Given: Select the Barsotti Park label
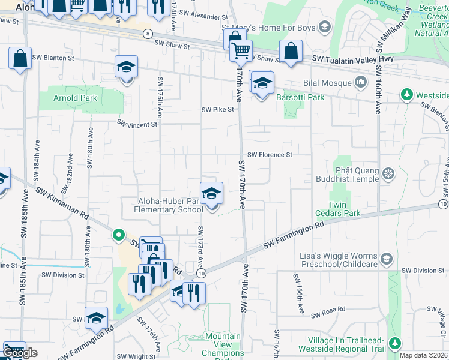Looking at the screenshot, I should [x=300, y=97].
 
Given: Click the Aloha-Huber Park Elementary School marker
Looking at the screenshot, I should [x=211, y=194].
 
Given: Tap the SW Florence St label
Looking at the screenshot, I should [x=270, y=154].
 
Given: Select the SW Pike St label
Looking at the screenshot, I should [x=217, y=110].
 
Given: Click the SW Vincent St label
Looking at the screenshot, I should [x=137, y=124].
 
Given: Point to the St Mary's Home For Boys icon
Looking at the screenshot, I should [x=325, y=26].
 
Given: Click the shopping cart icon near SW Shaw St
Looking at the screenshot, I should [x=241, y=52].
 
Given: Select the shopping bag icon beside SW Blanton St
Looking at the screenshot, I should [x=20, y=59].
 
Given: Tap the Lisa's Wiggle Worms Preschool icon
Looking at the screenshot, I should [x=387, y=260].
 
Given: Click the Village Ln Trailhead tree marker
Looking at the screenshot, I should [x=394, y=344].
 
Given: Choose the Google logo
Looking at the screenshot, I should [x=19, y=353].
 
